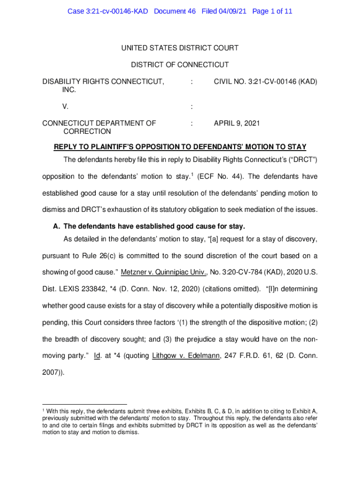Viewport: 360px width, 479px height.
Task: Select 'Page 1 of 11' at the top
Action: click(273, 11)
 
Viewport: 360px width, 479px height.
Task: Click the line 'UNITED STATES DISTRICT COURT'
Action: click(180, 48)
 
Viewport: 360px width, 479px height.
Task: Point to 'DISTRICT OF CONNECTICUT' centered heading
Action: click(180, 65)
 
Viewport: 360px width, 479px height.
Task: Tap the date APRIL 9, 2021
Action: click(237, 123)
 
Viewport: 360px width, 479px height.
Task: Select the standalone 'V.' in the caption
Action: click(65, 107)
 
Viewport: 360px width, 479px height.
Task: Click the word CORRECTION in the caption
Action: click(87, 132)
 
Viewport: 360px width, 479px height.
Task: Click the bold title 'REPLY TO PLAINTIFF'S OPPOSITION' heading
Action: click(180, 147)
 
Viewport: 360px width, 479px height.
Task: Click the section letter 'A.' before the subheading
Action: click(57, 226)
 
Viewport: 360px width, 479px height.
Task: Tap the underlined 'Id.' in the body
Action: click(98, 356)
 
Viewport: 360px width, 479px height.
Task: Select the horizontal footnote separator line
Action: click(85, 404)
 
